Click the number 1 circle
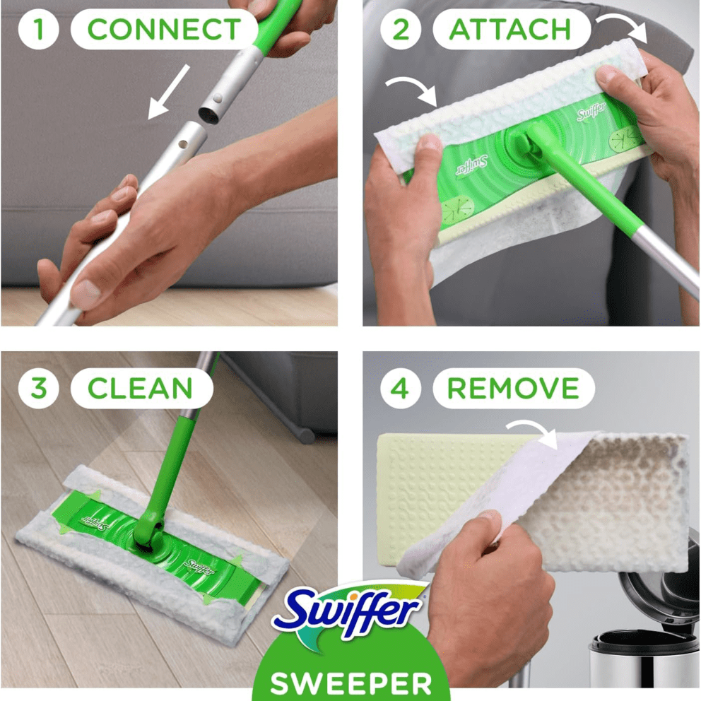click(38, 29)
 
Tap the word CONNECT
click(164, 30)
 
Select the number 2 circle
click(401, 29)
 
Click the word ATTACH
click(510, 30)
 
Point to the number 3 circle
click(38, 388)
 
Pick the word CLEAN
click(140, 388)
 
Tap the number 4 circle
click(401, 388)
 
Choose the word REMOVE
click(513, 388)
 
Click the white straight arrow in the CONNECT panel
click(169, 92)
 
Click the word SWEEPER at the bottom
click(351, 683)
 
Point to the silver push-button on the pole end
click(218, 98)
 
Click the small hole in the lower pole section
click(183, 144)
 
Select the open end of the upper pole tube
click(208, 115)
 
